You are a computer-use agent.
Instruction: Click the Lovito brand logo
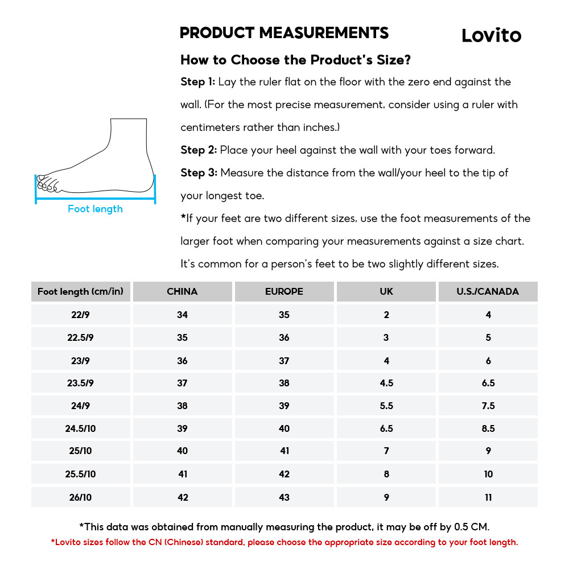tap(491, 35)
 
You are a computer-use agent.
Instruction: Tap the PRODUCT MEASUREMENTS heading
tap(284, 33)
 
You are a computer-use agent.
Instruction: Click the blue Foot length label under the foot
tap(95, 209)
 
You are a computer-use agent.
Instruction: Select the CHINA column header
tap(182, 291)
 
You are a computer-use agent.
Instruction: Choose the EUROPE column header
tap(284, 291)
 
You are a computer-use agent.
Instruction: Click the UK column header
tap(386, 291)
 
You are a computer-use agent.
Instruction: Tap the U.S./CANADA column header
tap(488, 291)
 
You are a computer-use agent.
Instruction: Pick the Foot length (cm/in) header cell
tap(80, 291)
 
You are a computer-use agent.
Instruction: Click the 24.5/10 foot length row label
tap(81, 428)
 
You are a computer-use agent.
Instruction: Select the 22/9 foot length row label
tap(81, 315)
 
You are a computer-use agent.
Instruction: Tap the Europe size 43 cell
tap(284, 497)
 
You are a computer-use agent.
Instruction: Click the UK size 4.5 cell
tap(386, 383)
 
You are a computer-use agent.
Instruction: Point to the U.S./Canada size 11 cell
tap(488, 497)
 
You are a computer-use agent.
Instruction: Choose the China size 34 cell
tap(182, 315)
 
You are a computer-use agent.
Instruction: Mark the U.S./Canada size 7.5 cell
tap(488, 406)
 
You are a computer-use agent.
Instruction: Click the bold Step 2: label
tap(199, 150)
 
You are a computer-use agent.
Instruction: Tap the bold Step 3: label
tap(199, 173)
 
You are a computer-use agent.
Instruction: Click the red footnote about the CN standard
tap(284, 542)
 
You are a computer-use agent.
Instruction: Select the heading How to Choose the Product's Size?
tap(295, 60)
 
